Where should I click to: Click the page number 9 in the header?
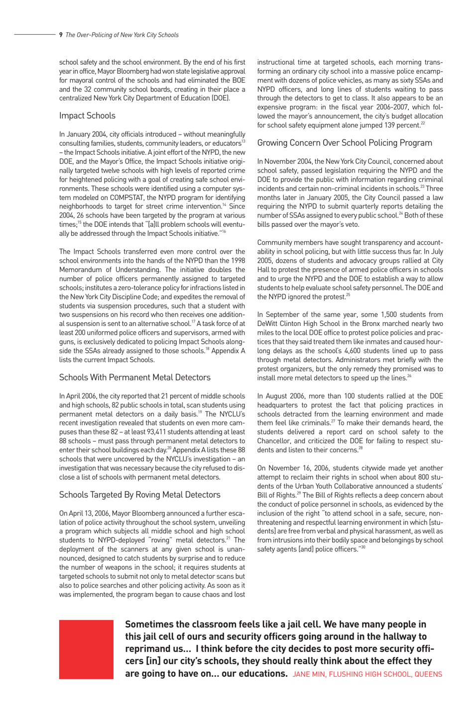coord(61,35)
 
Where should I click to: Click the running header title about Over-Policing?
coord(121,35)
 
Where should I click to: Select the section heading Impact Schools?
coord(87,115)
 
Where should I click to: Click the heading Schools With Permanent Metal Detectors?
coord(134,377)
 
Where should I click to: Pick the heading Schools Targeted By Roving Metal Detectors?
coord(139,495)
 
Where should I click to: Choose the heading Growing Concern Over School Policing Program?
coord(345,143)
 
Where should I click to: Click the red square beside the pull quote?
coord(86,649)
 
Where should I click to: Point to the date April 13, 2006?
coord(90,513)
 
